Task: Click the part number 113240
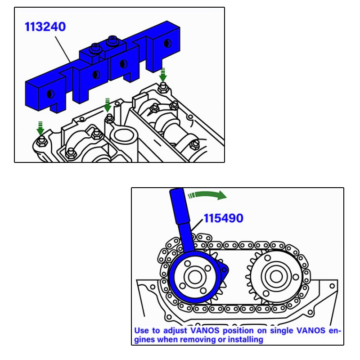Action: click(x=45, y=27)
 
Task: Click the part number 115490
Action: click(x=223, y=218)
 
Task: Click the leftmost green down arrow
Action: click(x=40, y=128)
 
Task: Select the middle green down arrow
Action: click(x=107, y=105)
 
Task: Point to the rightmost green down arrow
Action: click(x=163, y=75)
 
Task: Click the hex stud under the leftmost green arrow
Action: click(x=42, y=141)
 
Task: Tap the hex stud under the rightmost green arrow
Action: click(x=163, y=88)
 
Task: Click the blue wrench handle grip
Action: click(x=180, y=206)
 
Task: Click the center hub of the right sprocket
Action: click(x=276, y=276)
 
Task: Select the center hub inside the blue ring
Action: click(x=195, y=277)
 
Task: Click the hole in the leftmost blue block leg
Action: click(x=50, y=94)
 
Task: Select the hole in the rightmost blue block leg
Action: click(x=167, y=43)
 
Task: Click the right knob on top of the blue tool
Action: click(x=112, y=40)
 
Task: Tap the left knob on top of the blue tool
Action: click(x=95, y=48)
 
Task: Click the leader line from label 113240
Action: click(x=63, y=49)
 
